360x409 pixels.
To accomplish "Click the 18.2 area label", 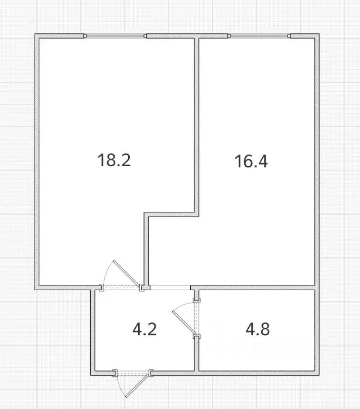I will coord(114,160).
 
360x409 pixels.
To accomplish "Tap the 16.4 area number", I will coord(251,161).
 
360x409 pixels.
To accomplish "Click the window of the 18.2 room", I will coord(116,36).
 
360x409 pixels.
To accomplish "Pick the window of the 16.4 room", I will coord(259,36).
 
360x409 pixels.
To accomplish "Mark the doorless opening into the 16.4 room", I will coord(170,287).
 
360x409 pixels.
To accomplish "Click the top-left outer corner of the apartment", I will coord(36,36).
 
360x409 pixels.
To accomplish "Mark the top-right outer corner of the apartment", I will coord(318,36).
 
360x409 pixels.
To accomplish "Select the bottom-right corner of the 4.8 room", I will coord(317,372).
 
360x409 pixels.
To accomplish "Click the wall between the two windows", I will coord(196,37).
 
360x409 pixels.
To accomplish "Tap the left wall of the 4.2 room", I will coord(92,331).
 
